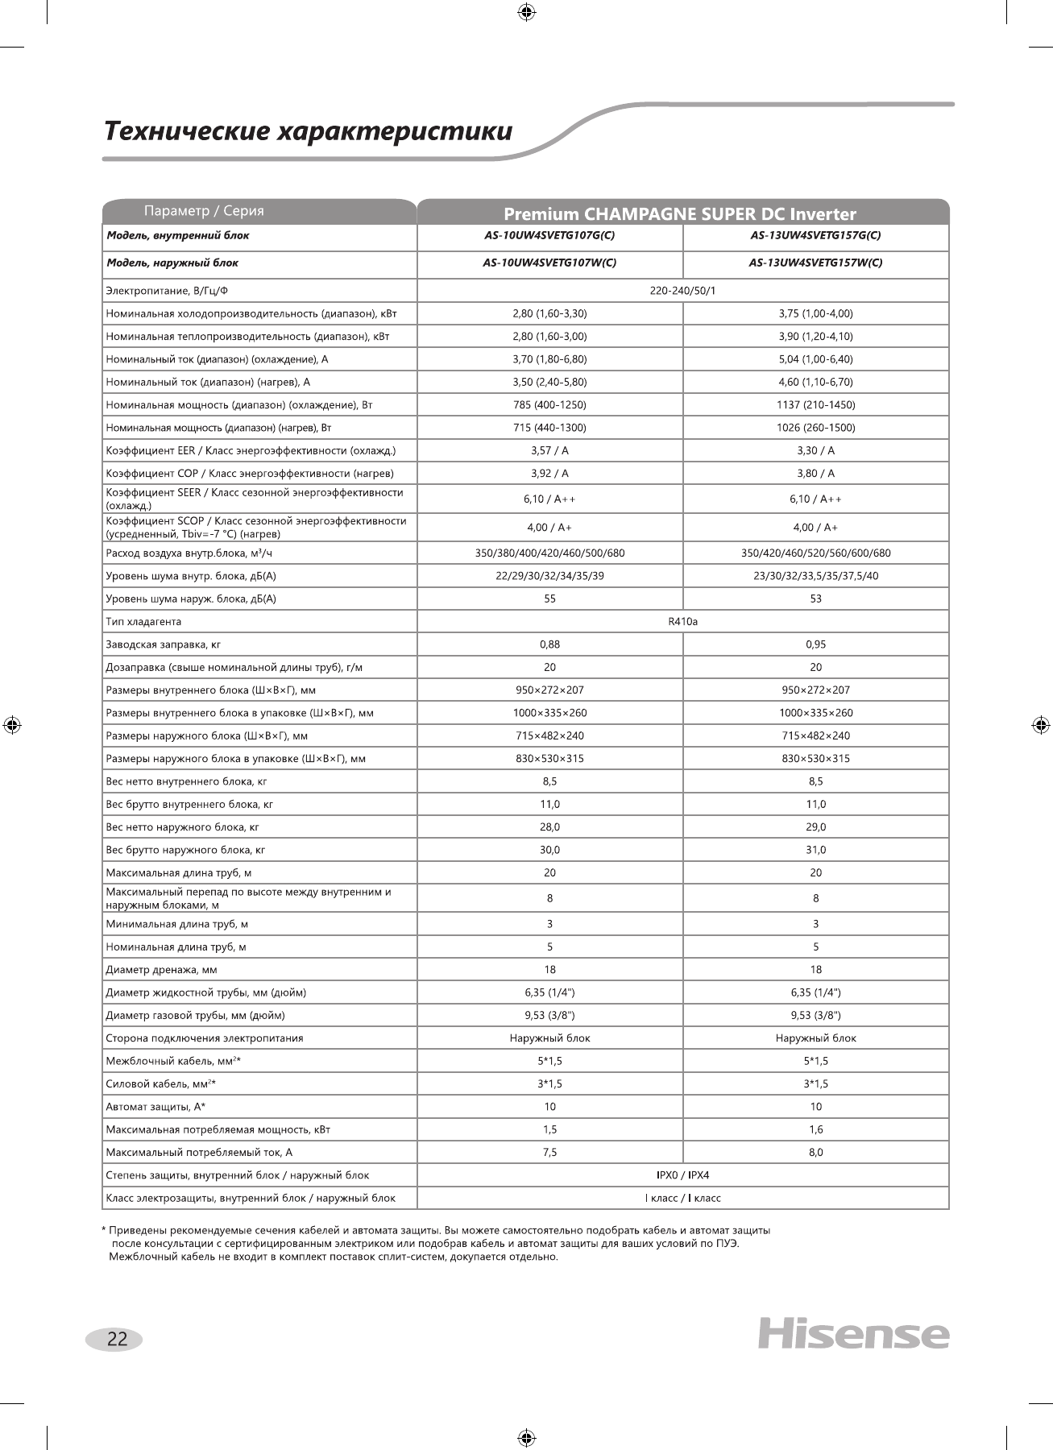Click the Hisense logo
(x=853, y=1333)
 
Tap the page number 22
(x=117, y=1339)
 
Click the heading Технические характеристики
(x=309, y=131)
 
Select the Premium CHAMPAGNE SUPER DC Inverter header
(x=679, y=213)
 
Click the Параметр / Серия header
(x=204, y=211)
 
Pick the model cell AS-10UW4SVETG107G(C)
(x=549, y=236)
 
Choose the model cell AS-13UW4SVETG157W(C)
(x=815, y=263)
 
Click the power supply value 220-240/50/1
(x=682, y=290)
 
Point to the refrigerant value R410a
(x=682, y=622)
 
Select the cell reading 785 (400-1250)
(x=549, y=405)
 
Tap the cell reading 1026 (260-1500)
(x=815, y=428)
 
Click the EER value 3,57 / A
(x=549, y=451)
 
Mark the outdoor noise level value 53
(x=815, y=599)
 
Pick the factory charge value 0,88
(x=549, y=644)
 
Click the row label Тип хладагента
(x=143, y=622)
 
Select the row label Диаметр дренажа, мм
(x=161, y=970)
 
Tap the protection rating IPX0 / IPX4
(x=682, y=1175)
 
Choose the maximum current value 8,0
(x=815, y=1153)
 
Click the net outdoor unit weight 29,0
(x=815, y=827)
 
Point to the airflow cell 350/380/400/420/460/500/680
(x=549, y=553)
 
